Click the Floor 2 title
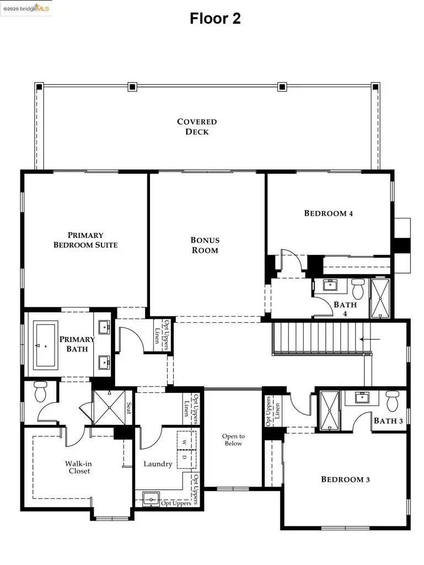tap(215, 18)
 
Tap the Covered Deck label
tap(197, 126)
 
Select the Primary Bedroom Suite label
tap(85, 239)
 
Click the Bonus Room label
tap(205, 245)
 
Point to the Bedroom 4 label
tap(329, 213)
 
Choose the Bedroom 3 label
tap(345, 479)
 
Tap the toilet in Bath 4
tap(358, 288)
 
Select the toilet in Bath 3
tap(392, 401)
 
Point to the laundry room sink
tap(149, 500)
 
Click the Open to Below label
tap(233, 440)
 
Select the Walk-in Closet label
tap(77, 467)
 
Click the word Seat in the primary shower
tap(129, 408)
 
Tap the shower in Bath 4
tap(380, 298)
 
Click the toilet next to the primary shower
tap(40, 391)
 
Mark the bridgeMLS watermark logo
tap(26, 7)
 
